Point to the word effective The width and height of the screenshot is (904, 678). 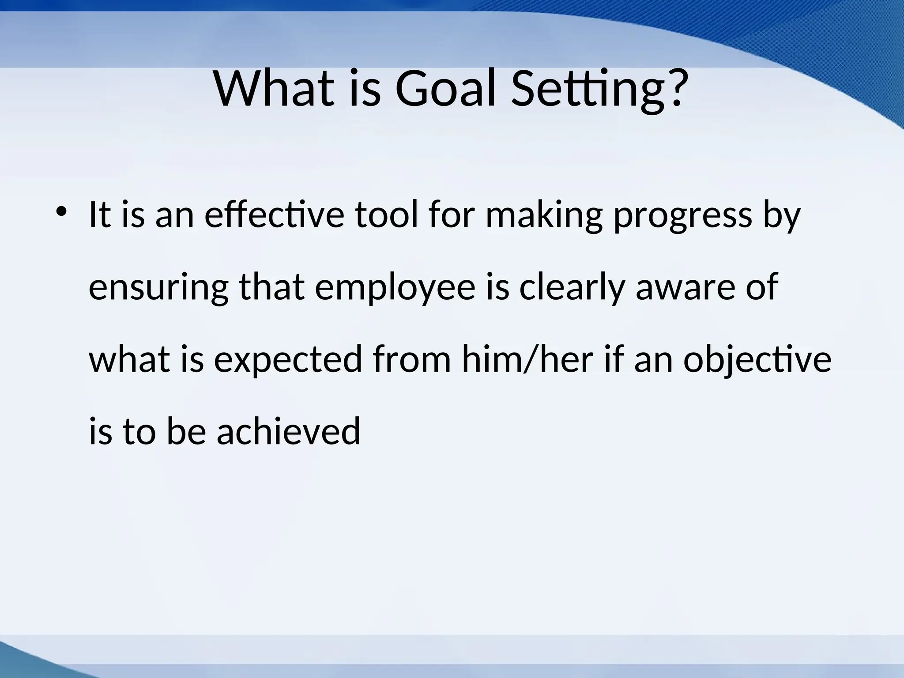274,215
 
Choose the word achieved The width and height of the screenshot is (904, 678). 288,431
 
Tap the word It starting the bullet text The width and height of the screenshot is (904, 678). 99,215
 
